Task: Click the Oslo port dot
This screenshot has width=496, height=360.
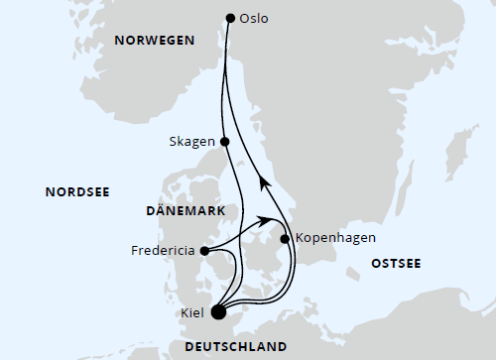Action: coord(230,17)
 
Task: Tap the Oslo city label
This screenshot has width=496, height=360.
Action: coord(255,18)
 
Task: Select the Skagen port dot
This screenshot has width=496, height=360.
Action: coord(225,142)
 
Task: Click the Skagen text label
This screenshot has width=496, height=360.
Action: coord(192,142)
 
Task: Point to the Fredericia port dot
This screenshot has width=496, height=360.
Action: coord(203,251)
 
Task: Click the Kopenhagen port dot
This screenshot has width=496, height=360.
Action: coord(285,239)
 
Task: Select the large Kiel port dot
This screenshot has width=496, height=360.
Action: coord(219,313)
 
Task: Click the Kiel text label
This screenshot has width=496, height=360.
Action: coord(192,314)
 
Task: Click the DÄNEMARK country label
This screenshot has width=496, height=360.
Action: coord(185,211)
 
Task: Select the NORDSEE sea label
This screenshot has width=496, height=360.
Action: coord(77,191)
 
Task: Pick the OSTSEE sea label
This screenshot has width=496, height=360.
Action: coord(396,263)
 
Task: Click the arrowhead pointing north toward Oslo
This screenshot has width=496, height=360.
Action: coord(263,180)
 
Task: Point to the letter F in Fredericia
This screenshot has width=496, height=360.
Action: coord(134,251)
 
